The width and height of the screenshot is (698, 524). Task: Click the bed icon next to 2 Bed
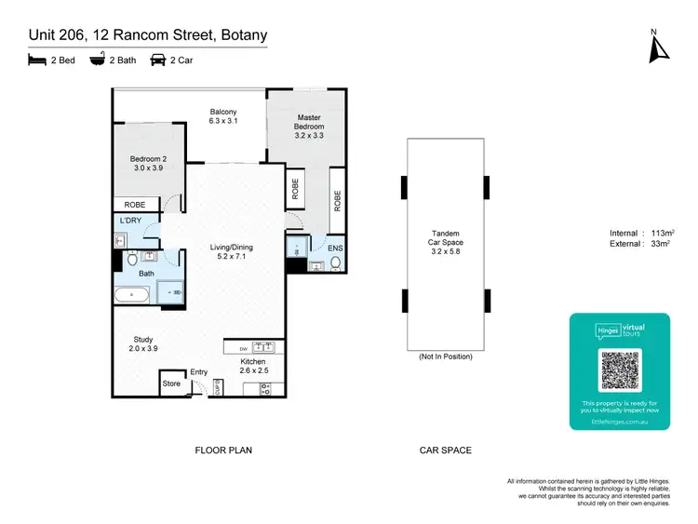coord(35,60)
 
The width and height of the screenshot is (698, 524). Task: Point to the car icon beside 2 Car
coord(157,60)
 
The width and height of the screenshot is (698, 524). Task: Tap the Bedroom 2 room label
coord(148,164)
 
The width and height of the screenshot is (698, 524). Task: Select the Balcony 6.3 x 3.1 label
coord(222,116)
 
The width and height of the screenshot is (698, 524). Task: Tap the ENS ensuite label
coord(335,249)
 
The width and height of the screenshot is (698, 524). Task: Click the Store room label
coord(171,383)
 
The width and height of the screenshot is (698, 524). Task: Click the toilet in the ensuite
coord(335,262)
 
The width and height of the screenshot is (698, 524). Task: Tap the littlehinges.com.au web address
coord(619,422)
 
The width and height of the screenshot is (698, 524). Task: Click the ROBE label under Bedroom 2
coord(131,205)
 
